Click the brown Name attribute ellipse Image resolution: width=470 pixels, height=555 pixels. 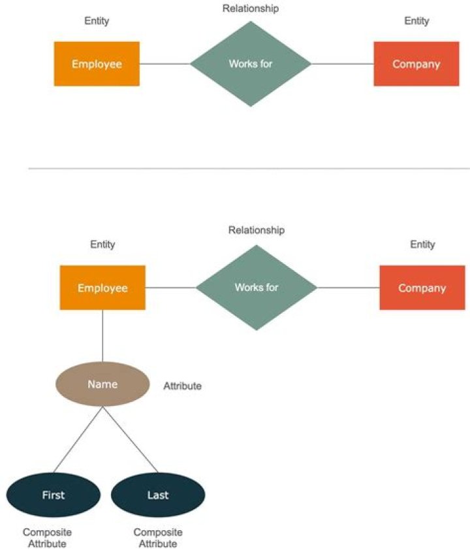tap(102, 384)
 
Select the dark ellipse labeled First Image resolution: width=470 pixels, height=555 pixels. tap(53, 495)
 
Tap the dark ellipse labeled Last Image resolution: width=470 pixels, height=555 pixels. tap(158, 495)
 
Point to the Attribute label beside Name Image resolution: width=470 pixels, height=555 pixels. tap(182, 386)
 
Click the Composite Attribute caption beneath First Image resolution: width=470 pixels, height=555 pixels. tap(47, 538)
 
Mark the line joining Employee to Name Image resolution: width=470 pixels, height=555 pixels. tap(102, 335)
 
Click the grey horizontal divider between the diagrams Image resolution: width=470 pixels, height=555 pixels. tap(248, 169)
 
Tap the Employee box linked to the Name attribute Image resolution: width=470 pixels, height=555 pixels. tap(102, 288)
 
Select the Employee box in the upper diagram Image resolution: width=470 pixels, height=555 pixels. tap(97, 64)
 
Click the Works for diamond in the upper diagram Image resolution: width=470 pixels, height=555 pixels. tap(251, 64)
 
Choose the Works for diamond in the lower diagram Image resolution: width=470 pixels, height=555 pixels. tap(257, 288)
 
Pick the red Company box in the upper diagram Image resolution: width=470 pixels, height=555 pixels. tap(416, 64)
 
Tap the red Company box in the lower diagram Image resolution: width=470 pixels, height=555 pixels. tap(422, 288)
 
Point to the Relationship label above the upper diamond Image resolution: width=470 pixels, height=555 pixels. tap(251, 8)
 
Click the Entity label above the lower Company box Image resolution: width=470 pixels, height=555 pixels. tap(422, 244)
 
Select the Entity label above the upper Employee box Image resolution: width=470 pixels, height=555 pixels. tap(97, 21)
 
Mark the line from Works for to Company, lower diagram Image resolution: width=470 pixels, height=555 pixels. tap(348, 288)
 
